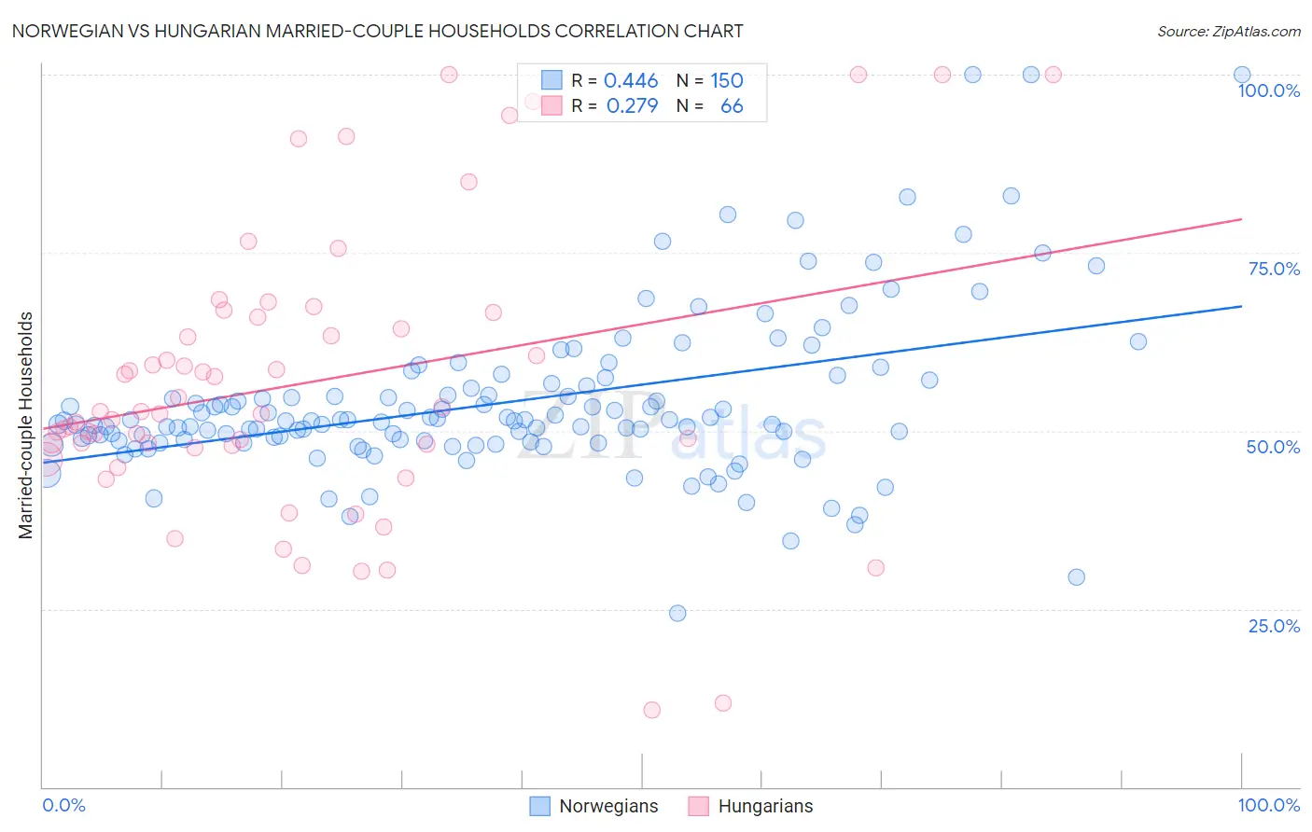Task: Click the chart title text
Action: [x=377, y=31]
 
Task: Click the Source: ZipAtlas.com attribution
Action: [x=1228, y=31]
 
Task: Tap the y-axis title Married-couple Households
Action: [x=26, y=425]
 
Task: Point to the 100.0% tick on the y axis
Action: [x=1268, y=90]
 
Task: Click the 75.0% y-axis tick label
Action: [x=1274, y=269]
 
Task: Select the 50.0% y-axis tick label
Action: [x=1273, y=447]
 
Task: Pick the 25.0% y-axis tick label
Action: [x=1274, y=625]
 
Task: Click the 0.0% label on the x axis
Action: [x=63, y=805]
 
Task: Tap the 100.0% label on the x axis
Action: [x=1268, y=805]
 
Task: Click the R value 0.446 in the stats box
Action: [x=631, y=81]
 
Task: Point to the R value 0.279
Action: [x=632, y=106]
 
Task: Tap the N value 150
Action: [x=727, y=81]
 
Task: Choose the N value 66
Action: [x=732, y=106]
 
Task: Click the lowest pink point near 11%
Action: [x=651, y=710]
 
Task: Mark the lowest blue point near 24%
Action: [x=677, y=613]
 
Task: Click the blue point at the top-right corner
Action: [x=1241, y=75]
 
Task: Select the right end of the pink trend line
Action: [x=1241, y=218]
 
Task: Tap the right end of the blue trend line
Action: [x=1241, y=306]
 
